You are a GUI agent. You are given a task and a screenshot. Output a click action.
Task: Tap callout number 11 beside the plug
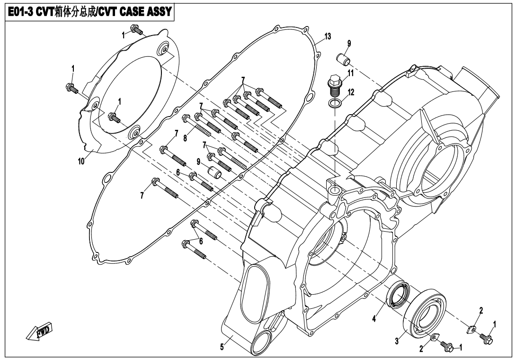[x=351, y=72]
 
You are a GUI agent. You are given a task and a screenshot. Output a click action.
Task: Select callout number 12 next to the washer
[x=351, y=92]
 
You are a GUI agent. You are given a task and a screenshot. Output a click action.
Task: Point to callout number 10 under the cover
[x=81, y=161]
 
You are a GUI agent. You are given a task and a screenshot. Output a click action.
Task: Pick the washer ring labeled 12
[x=335, y=104]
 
